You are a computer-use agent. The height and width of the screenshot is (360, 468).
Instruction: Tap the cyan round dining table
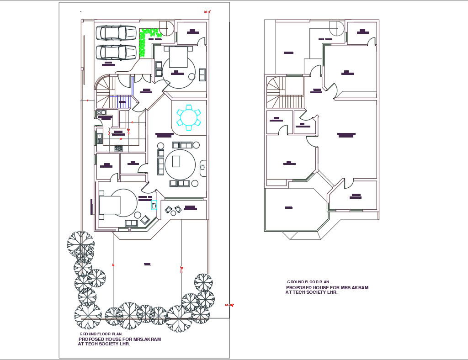[188, 117]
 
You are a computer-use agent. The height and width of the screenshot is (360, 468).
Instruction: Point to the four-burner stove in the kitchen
[118, 148]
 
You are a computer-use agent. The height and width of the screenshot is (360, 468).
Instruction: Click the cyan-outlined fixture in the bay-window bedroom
[154, 205]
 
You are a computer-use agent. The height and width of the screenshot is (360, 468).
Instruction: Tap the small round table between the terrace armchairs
[173, 210]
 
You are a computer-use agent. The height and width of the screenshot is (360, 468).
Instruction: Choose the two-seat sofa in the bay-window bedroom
[131, 223]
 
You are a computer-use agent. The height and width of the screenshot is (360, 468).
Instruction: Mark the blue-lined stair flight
[122, 101]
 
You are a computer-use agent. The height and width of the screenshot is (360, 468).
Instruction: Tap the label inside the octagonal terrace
[289, 208]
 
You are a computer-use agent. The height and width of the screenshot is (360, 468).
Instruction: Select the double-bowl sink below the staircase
[101, 112]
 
